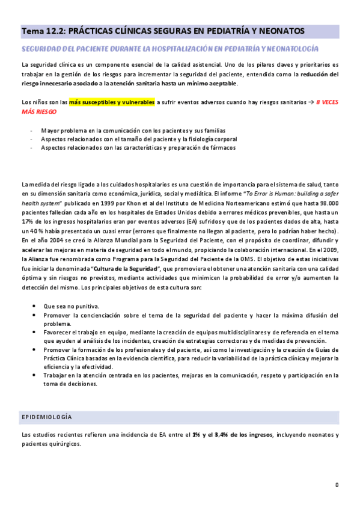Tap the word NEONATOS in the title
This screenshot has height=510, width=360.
[x=282, y=31]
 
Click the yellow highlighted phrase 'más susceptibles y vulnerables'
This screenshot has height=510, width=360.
[x=112, y=102]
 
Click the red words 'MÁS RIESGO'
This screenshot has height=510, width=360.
[x=39, y=111]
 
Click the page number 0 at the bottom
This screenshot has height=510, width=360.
[x=337, y=485]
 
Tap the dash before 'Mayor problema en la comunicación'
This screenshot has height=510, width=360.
[x=31, y=130]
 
